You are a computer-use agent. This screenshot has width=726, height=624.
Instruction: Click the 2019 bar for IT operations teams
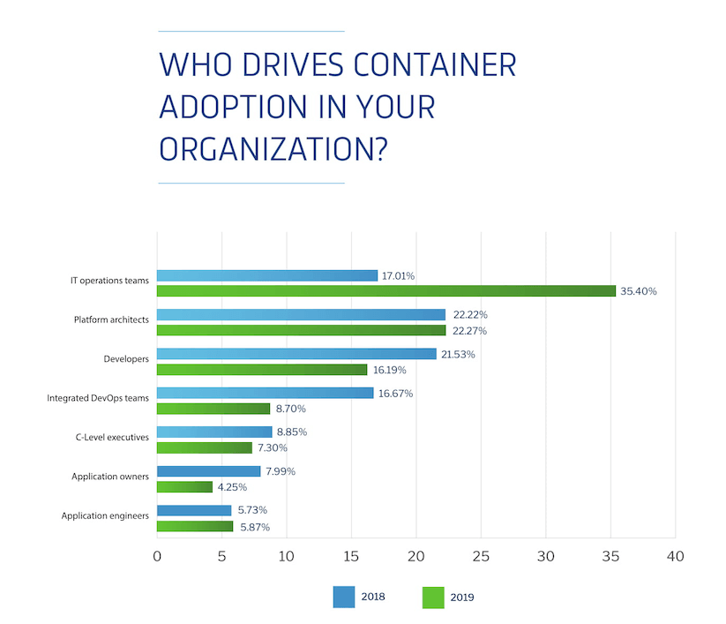coord(385,291)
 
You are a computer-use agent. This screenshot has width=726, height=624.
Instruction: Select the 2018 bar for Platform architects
coord(301,314)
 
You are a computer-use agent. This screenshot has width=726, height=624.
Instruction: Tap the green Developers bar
coord(262,370)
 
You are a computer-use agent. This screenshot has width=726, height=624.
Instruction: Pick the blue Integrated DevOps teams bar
coord(265,393)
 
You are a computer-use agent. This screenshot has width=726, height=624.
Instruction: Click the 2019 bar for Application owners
coord(184,486)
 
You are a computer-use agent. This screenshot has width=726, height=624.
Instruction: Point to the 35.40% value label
coord(639,291)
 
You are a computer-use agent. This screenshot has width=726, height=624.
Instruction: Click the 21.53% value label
coord(460,354)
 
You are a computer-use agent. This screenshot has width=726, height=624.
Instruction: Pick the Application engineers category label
coord(105,515)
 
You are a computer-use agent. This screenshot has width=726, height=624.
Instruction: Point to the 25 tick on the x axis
coord(481,557)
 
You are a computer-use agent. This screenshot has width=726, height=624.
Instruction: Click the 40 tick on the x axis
coord(675,557)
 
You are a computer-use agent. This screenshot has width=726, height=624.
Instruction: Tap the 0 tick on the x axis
coord(157,557)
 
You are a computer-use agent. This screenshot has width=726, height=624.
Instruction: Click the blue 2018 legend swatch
coord(343,597)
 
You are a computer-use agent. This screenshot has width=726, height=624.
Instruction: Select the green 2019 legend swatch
coord(434,597)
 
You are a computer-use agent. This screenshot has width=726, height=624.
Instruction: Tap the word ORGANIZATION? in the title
coord(273,147)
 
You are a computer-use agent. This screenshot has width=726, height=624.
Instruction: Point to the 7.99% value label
coord(280,471)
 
